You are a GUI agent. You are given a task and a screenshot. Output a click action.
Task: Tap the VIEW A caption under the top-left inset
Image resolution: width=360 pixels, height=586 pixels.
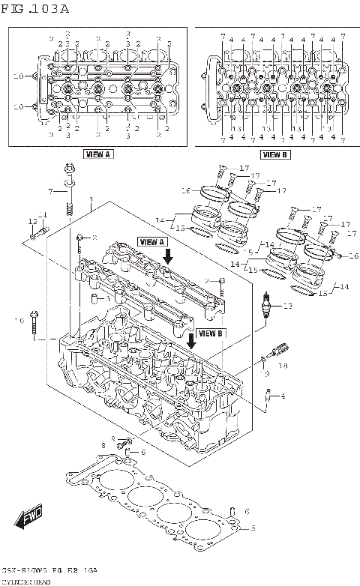click(97, 154)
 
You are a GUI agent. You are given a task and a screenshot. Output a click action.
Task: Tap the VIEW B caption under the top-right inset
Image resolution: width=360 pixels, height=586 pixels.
click(274, 154)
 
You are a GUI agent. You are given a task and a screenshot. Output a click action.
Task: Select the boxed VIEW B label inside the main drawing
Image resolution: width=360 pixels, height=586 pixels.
click(210, 333)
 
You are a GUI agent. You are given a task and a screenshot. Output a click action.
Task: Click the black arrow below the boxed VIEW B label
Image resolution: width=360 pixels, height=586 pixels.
click(192, 344)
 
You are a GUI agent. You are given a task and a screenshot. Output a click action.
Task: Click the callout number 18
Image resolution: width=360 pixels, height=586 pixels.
click(283, 366)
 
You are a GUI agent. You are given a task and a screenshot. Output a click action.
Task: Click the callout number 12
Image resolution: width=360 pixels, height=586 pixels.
click(32, 221)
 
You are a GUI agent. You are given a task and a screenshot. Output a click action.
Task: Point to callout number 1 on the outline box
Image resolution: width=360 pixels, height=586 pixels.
click(90, 201)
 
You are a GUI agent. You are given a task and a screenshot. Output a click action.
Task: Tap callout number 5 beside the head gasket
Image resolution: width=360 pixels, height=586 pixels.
click(253, 528)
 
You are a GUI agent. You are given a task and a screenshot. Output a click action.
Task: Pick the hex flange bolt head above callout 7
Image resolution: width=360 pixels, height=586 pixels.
click(69, 174)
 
